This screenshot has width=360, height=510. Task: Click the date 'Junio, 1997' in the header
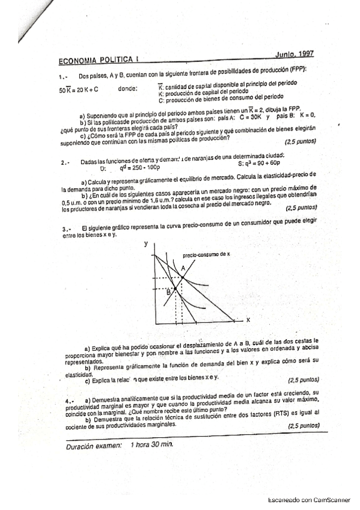point(295,54)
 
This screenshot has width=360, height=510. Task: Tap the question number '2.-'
point(66,162)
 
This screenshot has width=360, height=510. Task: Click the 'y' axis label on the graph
point(146,245)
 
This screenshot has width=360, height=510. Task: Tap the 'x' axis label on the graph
point(248,319)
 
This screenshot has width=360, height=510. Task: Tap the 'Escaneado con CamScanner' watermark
point(305,499)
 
